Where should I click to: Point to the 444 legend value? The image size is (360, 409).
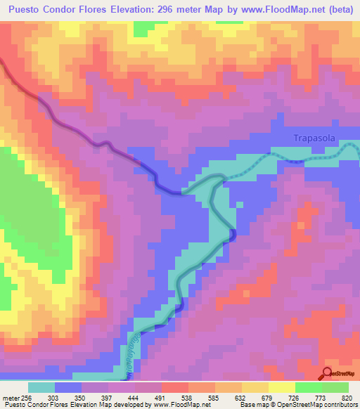tap(163, 398)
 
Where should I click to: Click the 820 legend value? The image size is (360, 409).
tap(348, 398)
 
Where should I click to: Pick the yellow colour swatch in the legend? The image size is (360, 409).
tap(281, 388)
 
